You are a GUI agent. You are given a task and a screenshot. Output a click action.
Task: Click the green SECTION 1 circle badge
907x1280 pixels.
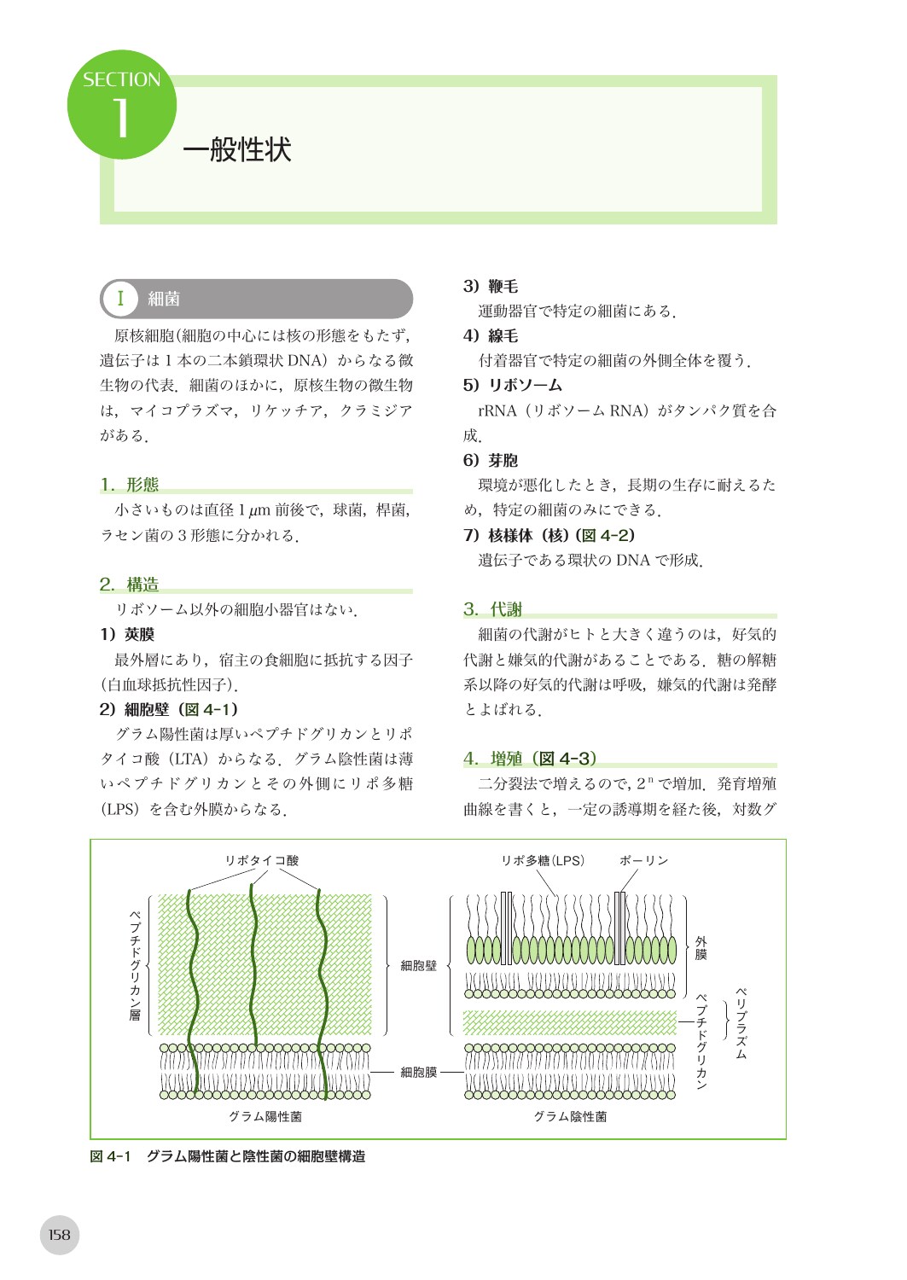coord(121,105)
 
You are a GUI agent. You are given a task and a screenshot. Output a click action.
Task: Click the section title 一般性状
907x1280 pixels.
coord(237,150)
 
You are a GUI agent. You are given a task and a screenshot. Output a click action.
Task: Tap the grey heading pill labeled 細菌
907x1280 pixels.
coord(256,299)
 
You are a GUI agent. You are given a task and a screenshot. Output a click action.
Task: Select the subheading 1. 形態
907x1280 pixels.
coord(130,485)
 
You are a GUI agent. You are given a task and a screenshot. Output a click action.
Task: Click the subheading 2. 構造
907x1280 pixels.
coord(130,585)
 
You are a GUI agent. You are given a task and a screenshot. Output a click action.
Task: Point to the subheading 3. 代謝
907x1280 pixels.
coord(493,609)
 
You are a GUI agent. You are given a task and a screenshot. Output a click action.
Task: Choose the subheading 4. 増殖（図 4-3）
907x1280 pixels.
coord(530,759)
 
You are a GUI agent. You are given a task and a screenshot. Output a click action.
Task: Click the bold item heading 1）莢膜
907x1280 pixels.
coord(127,634)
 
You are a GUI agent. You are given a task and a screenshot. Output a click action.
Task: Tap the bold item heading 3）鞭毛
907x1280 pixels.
coord(491,287)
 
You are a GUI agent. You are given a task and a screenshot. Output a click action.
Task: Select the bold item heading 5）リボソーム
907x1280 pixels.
coord(512,385)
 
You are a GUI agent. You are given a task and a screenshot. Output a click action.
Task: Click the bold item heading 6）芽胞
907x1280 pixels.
coord(491,461)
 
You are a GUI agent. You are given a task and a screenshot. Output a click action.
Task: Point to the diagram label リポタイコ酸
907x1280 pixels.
coord(261,861)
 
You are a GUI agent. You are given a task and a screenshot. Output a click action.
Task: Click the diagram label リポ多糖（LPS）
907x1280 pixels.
coord(543,861)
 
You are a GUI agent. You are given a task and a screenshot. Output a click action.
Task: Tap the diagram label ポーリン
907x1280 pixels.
coord(643,861)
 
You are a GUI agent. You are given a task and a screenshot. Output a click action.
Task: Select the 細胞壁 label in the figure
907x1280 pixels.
coord(418,965)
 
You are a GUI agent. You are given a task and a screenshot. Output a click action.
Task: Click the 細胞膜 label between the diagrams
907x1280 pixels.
coord(418,1072)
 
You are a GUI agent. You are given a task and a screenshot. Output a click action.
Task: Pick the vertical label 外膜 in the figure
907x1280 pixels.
coord(701,948)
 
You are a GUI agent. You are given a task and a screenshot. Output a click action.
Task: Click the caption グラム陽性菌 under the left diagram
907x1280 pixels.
coord(265,1116)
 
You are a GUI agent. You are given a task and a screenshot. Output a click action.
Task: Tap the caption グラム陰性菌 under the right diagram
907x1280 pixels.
coord(570,1116)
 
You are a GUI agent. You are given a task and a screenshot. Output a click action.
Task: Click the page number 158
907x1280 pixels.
coord(60,1235)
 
